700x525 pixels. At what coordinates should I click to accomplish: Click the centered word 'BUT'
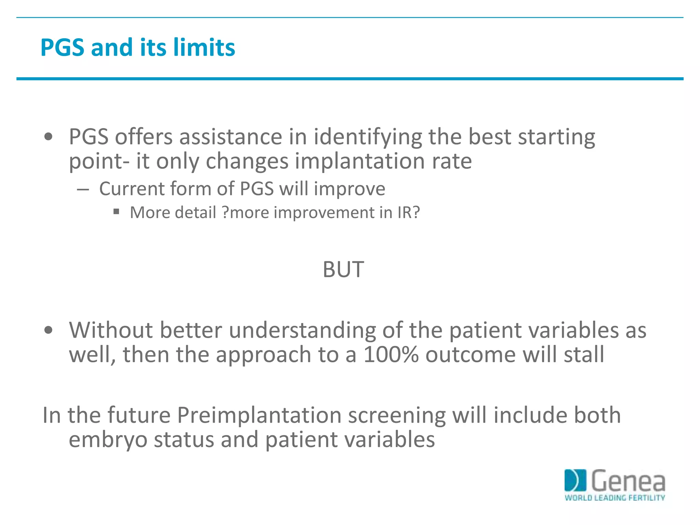point(343,270)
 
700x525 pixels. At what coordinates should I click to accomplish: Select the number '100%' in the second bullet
point(391,354)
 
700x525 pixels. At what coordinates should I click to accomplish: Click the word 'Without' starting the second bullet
point(111,330)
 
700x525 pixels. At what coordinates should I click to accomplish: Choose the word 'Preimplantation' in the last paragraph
point(259,415)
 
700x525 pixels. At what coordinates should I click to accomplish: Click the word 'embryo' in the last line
point(108,440)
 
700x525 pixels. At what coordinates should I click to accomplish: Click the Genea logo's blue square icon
point(575,481)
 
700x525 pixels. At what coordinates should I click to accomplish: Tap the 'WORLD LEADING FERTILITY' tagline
point(615,498)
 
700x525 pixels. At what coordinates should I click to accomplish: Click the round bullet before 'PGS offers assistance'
point(49,137)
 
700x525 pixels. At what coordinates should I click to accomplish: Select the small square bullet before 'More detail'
point(116,212)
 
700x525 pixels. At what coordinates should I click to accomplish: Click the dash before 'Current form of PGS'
point(83,189)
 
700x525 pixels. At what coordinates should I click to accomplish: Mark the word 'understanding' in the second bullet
point(302,331)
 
